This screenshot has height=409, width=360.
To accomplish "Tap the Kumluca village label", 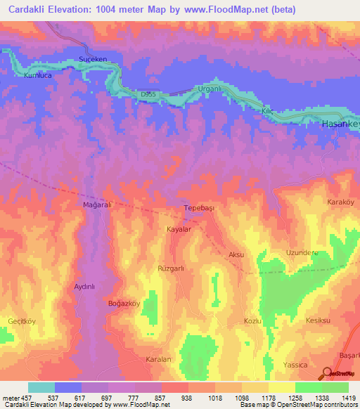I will [39, 75].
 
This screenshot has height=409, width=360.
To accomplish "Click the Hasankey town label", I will [340, 124].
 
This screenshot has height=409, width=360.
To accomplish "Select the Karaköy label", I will [342, 202].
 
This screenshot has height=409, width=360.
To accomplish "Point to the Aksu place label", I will [236, 254].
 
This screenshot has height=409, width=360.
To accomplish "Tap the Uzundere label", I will [302, 252].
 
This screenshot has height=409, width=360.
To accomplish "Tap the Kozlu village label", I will [252, 320].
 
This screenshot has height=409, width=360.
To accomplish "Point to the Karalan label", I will [158, 359].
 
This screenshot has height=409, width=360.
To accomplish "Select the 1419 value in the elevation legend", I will [347, 397].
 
